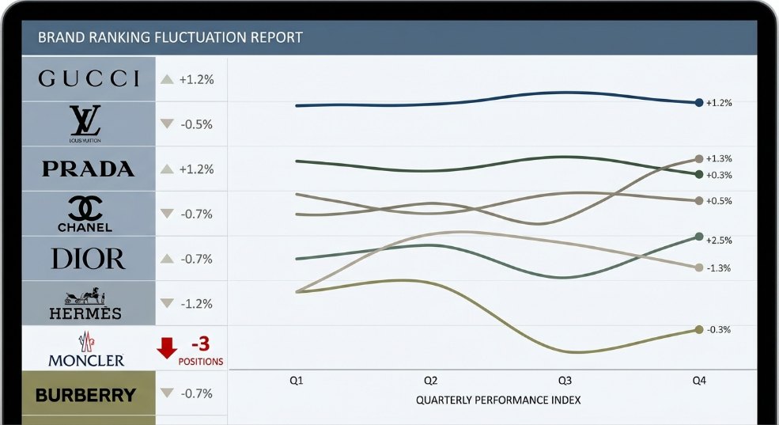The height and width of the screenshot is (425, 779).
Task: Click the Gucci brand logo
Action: click(x=89, y=78)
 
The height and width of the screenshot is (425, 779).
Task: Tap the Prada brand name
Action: click(x=88, y=169)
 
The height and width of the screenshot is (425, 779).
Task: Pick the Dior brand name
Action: click(x=88, y=259)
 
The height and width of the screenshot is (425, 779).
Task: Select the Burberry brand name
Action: click(x=85, y=394)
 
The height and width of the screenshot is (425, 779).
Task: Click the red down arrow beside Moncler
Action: click(x=166, y=347)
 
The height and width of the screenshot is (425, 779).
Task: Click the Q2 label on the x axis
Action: click(x=430, y=381)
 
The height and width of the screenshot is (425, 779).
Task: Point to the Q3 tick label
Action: click(x=565, y=381)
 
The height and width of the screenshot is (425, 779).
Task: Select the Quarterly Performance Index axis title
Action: click(x=497, y=400)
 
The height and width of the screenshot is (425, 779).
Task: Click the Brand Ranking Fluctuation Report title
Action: click(x=170, y=37)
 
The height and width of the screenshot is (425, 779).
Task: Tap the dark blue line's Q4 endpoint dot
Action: click(x=698, y=103)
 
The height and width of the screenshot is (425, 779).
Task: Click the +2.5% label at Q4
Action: click(x=719, y=240)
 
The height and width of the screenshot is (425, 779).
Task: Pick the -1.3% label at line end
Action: click(x=718, y=268)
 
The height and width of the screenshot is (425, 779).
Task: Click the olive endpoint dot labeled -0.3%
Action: click(x=698, y=329)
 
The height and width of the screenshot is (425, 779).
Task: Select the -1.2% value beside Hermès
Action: click(x=196, y=304)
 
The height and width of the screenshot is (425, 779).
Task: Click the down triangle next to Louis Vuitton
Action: click(x=166, y=124)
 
